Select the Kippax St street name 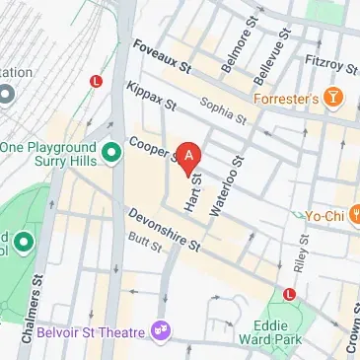pos(150,97)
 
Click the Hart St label pos(194,192)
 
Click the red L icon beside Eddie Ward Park pos(289,294)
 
